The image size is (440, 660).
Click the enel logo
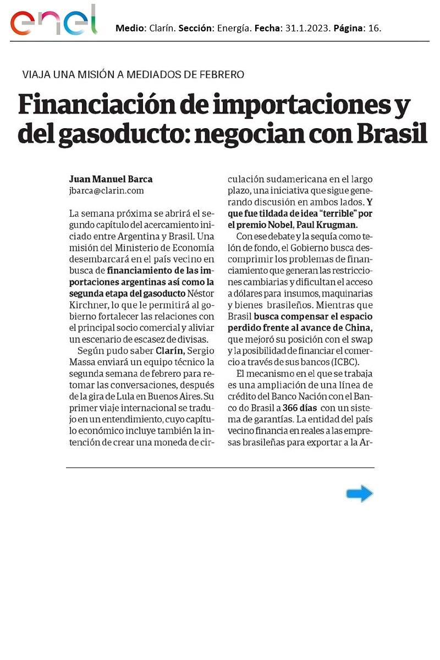coord(53,21)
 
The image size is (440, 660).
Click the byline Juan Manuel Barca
coord(111,179)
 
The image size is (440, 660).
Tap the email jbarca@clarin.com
coord(106,190)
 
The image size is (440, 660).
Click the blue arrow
coord(360,494)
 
